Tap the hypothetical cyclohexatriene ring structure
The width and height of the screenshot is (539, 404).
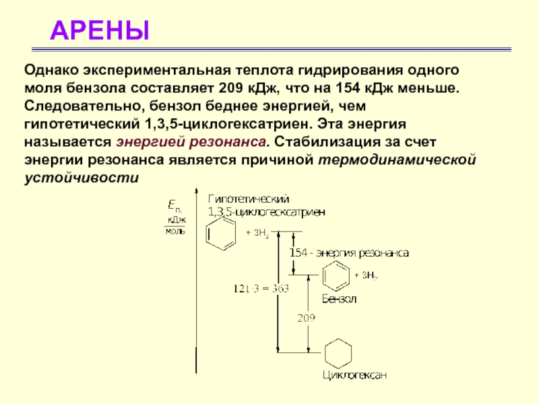click(222, 234)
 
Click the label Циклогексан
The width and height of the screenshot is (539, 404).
click(354, 374)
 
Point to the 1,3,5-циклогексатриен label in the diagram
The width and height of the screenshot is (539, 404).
click(267, 211)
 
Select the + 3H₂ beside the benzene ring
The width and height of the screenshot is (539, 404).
click(366, 275)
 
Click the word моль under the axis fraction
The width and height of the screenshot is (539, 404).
click(175, 231)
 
